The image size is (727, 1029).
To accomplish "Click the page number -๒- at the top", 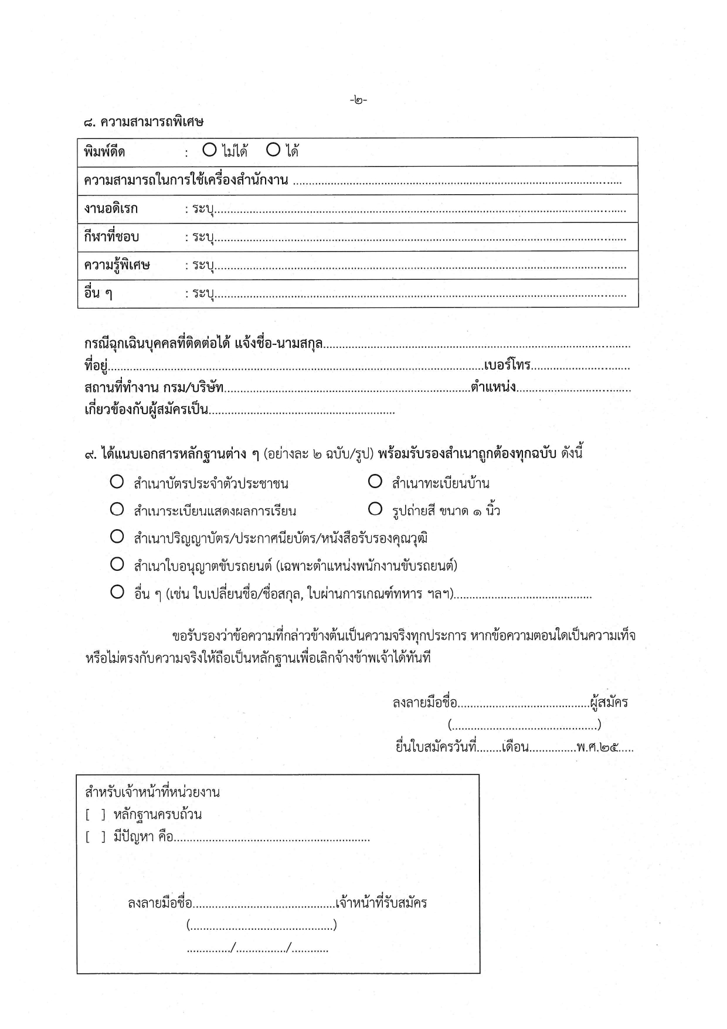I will (x=358, y=100).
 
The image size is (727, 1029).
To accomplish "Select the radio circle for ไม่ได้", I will (x=209, y=150).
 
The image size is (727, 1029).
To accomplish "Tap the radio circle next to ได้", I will (x=273, y=150).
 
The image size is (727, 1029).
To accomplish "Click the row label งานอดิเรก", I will (x=111, y=209).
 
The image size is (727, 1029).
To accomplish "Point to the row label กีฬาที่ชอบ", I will (x=112, y=237).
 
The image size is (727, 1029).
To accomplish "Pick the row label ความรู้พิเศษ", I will (x=117, y=265).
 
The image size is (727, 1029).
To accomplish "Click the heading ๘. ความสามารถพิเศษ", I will (x=144, y=122).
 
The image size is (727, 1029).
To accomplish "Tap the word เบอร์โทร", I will (x=507, y=365).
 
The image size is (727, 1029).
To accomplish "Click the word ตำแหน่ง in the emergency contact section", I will (x=493, y=388).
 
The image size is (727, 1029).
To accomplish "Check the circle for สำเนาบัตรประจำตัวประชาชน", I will (x=117, y=482).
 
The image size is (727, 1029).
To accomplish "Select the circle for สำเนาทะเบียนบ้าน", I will (x=375, y=482).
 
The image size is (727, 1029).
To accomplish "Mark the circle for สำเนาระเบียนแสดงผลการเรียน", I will (x=117, y=509).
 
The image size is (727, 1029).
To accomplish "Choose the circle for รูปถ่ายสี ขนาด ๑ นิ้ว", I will (x=375, y=509).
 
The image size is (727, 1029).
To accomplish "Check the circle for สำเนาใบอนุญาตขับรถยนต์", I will (x=117, y=564).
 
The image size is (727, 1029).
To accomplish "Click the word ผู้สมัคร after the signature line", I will (x=609, y=702).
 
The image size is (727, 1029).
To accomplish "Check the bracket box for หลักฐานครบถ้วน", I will (x=96, y=815).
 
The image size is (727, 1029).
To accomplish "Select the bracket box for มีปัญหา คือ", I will (x=96, y=837).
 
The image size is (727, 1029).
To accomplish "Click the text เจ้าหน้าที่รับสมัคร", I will (x=382, y=903).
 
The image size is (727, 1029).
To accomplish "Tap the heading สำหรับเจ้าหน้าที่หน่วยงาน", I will (x=152, y=793).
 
